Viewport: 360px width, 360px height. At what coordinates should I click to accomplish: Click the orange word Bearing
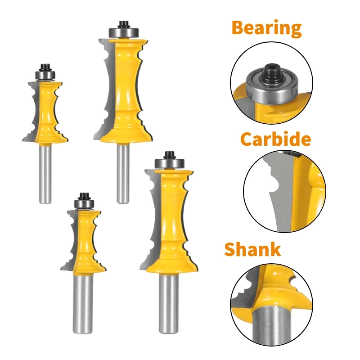266,28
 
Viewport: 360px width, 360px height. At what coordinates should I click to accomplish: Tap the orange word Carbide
275,139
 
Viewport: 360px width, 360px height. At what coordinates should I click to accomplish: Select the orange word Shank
252,249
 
